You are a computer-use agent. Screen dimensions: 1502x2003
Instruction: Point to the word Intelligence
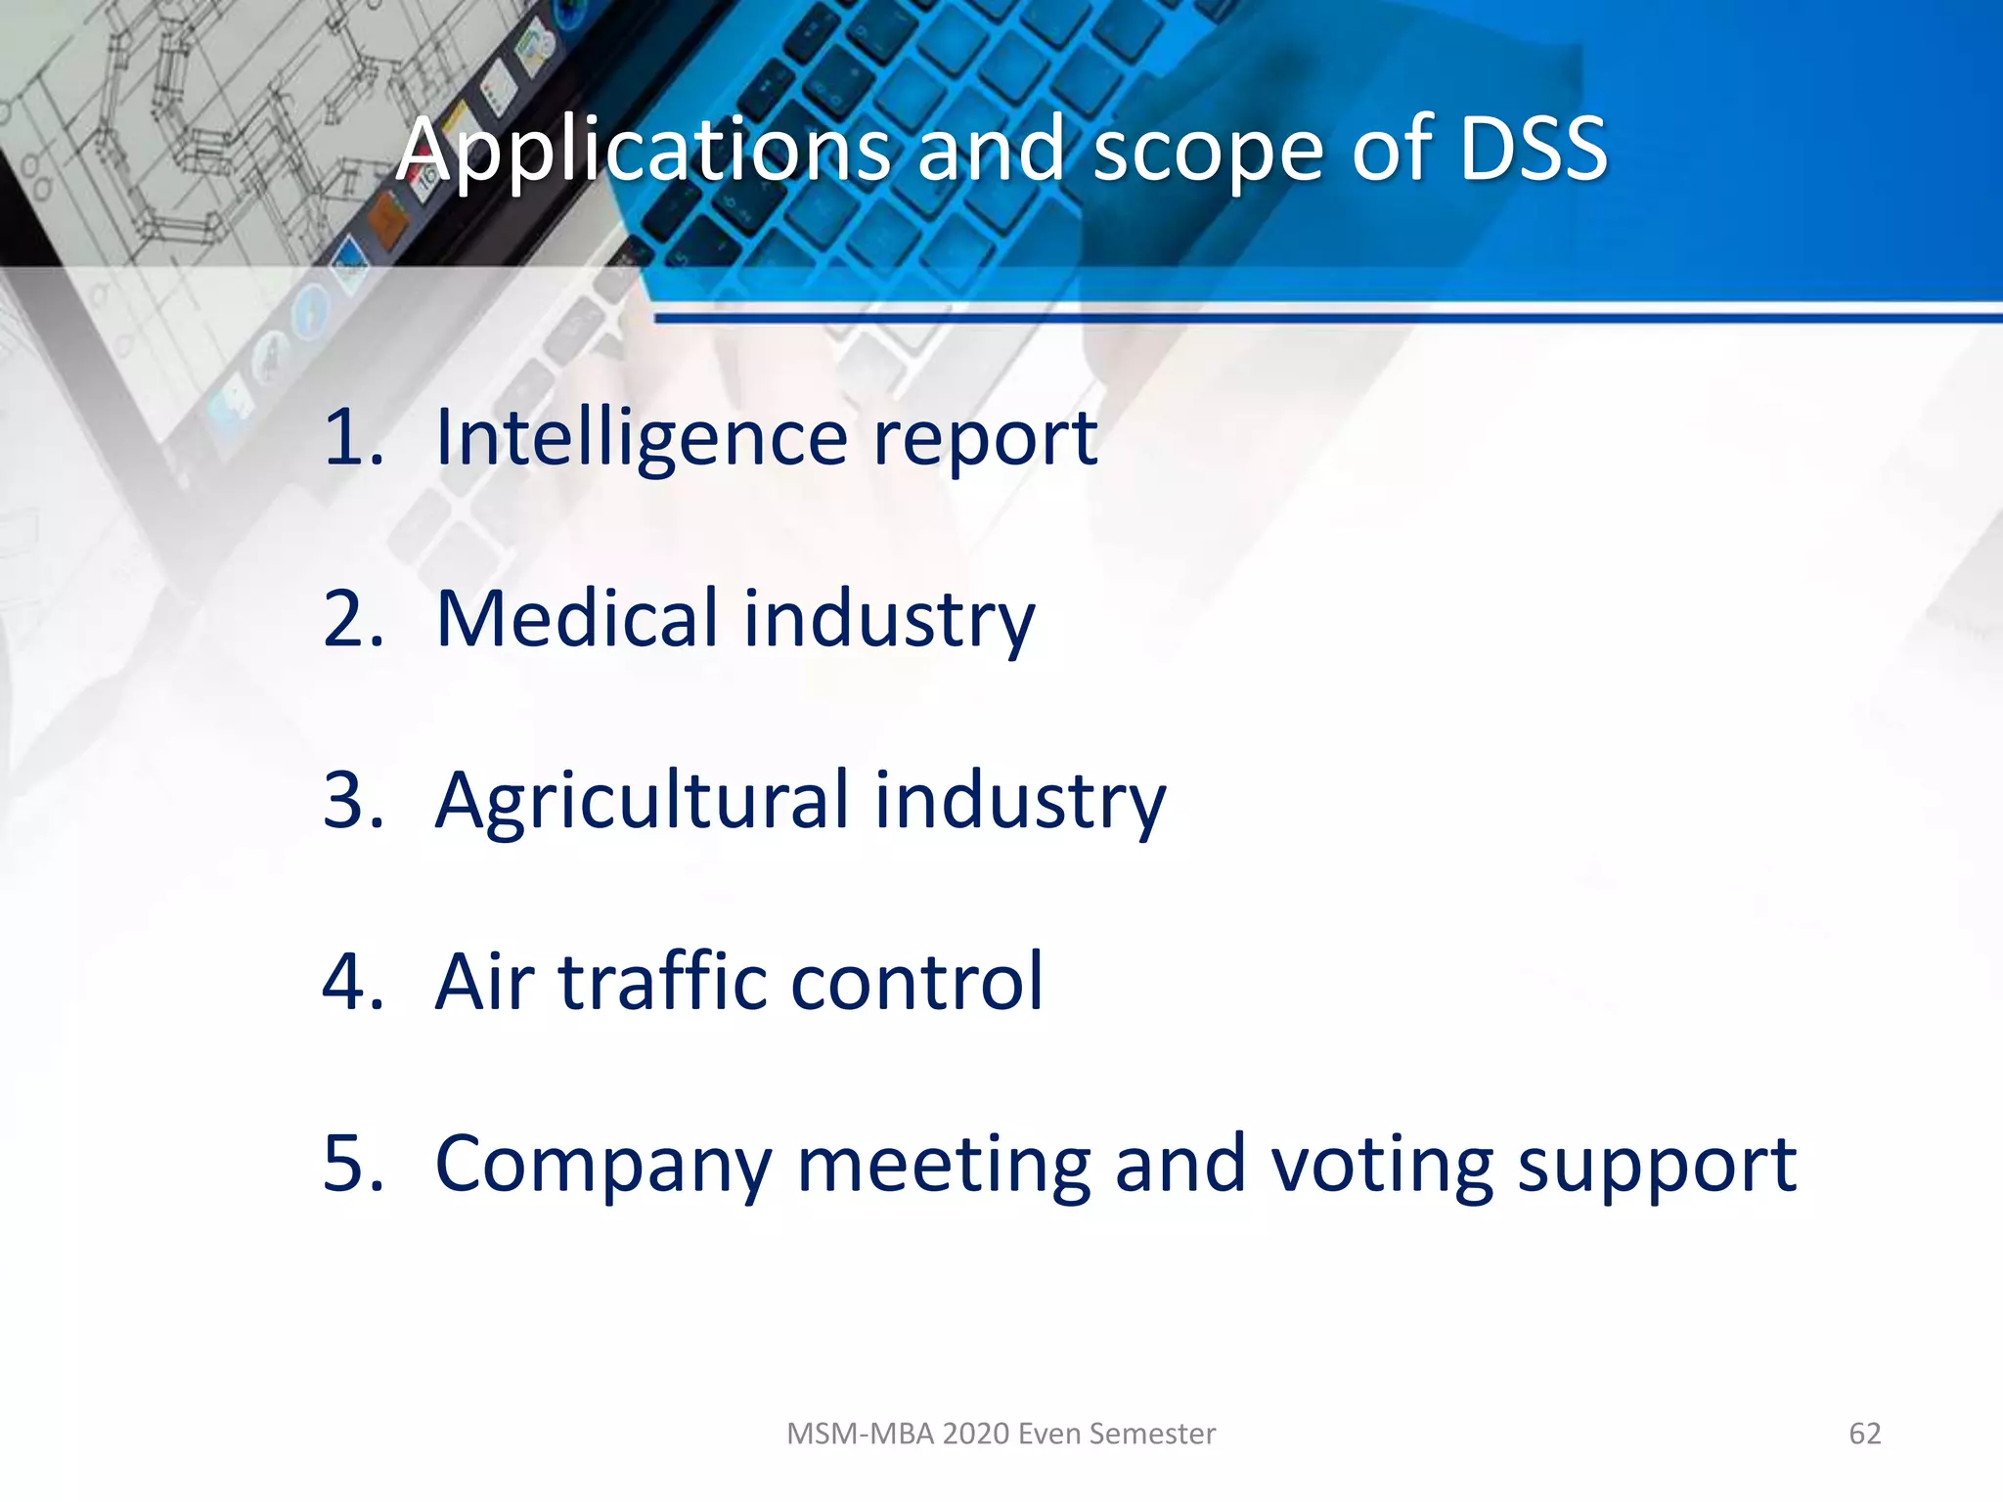click(642, 437)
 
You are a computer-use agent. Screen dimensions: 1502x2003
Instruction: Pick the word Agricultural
click(642, 801)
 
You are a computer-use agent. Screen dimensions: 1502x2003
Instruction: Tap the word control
click(916, 982)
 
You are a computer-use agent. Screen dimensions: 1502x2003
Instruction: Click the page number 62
click(1864, 1434)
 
